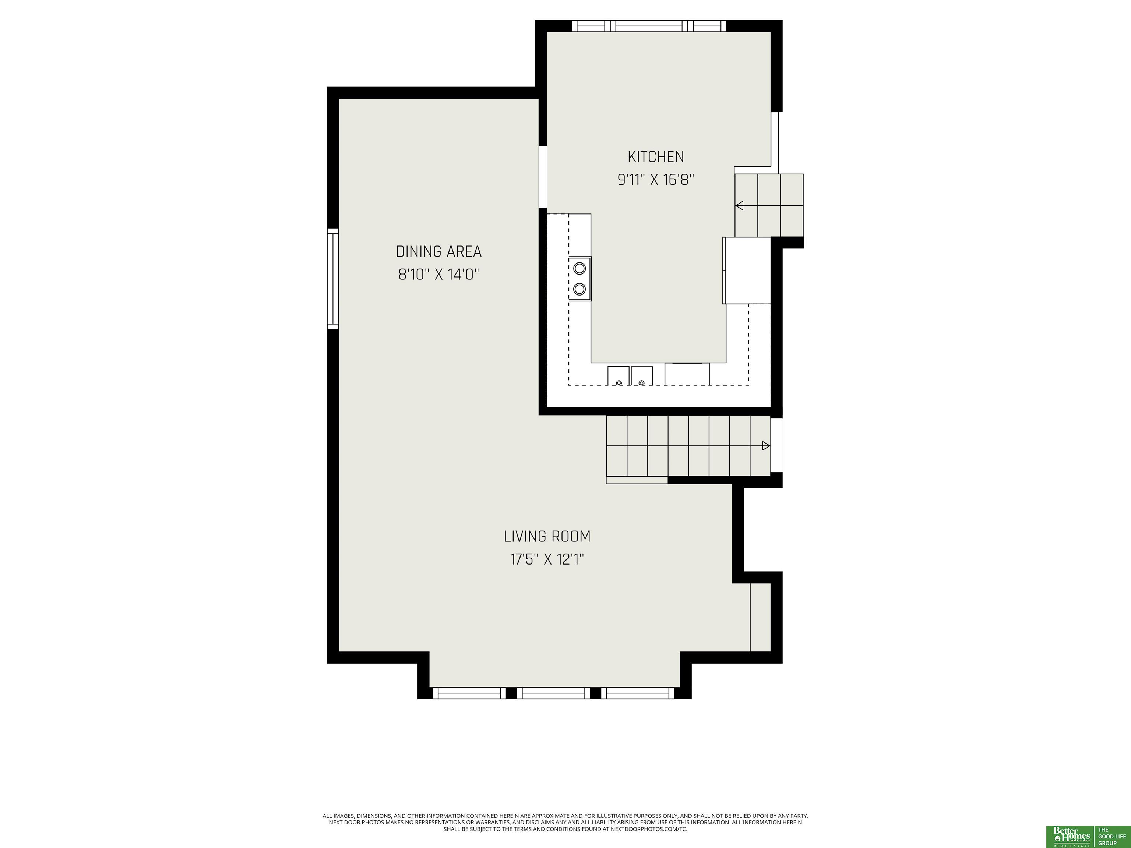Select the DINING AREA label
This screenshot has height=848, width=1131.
click(439, 251)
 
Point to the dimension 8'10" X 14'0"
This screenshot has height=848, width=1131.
click(439, 275)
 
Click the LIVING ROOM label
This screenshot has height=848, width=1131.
click(547, 536)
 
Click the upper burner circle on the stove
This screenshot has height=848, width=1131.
click(579, 268)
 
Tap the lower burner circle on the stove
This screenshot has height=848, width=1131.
click(579, 289)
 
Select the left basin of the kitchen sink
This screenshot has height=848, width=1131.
click(618, 376)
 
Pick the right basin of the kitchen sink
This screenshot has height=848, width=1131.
click(642, 376)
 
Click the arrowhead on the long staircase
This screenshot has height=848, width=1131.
click(766, 446)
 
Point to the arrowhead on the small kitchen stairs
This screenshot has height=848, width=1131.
click(739, 205)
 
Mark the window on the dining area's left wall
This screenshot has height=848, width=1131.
click(333, 279)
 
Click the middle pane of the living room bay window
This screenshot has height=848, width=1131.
click(553, 693)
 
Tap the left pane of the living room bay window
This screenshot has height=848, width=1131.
click(469, 693)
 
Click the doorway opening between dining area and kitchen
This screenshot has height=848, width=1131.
click(543, 177)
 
